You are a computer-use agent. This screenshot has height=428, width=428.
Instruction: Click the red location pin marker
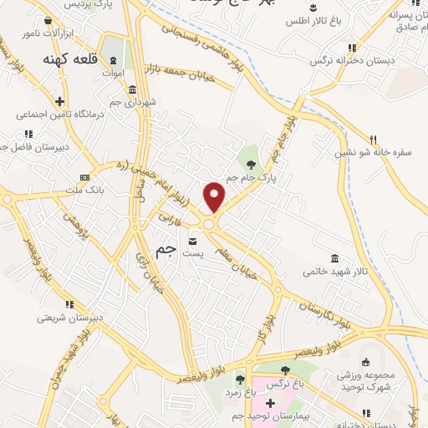click(x=215, y=196)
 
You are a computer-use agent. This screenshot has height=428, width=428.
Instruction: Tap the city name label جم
click(x=166, y=250)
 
